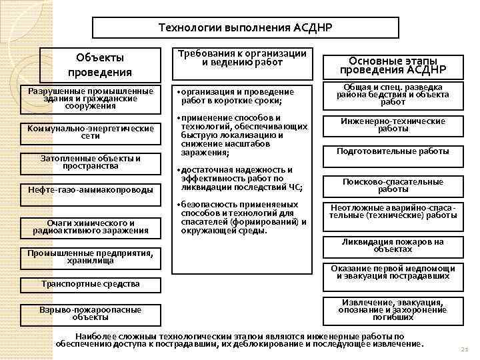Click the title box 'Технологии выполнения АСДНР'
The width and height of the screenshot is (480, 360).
(x=245, y=28)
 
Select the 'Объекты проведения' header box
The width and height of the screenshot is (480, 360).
(x=100, y=65)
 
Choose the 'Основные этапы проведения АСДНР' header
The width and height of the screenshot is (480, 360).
(x=393, y=66)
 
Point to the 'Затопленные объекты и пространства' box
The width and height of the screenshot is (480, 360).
(x=91, y=162)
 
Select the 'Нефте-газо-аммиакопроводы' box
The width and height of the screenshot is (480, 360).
(x=91, y=190)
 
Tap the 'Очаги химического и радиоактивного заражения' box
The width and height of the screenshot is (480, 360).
(x=91, y=227)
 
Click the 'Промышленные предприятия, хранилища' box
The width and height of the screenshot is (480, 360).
(x=91, y=257)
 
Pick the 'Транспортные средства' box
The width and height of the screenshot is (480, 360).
(x=91, y=284)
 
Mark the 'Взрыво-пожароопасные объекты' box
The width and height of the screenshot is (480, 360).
(x=91, y=313)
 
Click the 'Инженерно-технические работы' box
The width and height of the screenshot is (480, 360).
(x=393, y=125)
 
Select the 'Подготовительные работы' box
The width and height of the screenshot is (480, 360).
(x=393, y=151)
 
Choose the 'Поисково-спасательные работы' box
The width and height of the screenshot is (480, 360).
(x=393, y=185)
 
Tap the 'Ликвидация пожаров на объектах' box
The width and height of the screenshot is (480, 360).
(x=393, y=245)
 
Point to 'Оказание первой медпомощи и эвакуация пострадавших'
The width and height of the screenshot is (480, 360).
(x=393, y=272)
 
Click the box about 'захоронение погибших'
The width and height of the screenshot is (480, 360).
(x=393, y=309)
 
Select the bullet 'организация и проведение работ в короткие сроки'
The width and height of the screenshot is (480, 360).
(x=237, y=96)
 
